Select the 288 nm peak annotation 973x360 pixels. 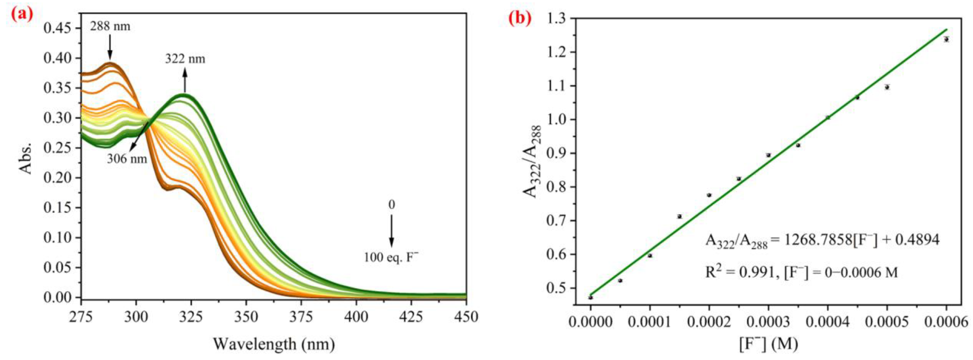click(x=110, y=26)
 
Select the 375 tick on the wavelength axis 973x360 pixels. click(x=301, y=316)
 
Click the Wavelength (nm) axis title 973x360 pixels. click(x=274, y=344)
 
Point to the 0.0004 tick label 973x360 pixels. click(x=828, y=322)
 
